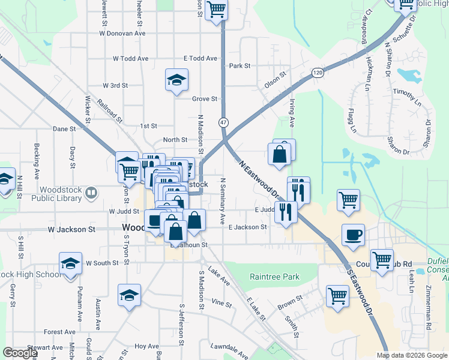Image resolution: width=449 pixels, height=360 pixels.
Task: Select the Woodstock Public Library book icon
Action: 91,193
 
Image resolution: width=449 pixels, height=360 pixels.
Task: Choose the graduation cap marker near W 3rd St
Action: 177,80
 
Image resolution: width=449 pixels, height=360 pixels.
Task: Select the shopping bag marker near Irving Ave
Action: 280,154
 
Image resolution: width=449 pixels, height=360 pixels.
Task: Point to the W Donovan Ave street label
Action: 123,34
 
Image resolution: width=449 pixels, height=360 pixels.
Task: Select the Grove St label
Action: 204,98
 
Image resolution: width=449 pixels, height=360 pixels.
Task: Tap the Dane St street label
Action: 64,128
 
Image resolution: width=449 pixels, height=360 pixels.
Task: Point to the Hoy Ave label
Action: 146,346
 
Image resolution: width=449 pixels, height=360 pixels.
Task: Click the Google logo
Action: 20,353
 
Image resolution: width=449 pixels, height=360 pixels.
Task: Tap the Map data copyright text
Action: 412,355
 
